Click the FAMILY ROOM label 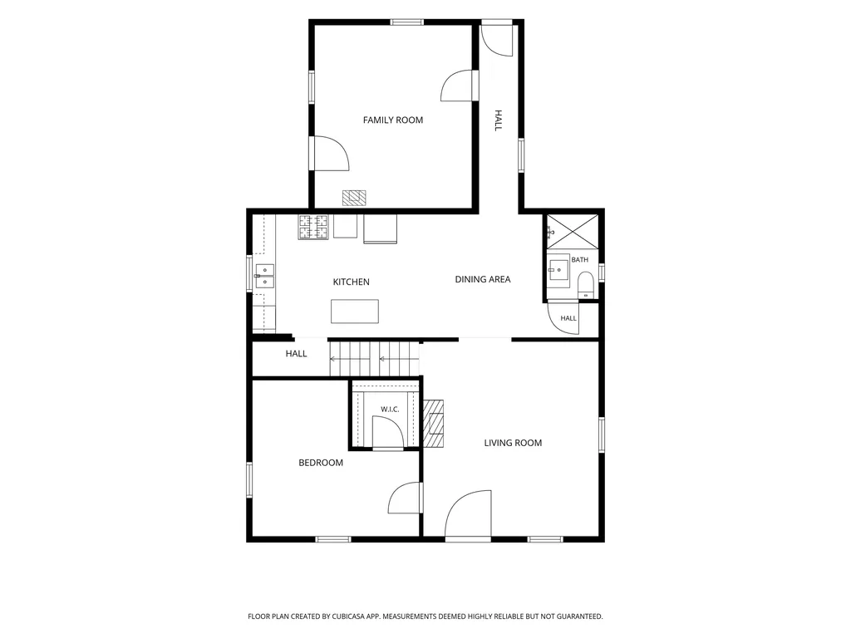pos(393,120)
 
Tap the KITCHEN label pos(352,282)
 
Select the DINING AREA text pos(483,279)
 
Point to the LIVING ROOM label pos(513,443)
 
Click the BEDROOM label pos(321,463)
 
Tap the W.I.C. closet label pos(390,409)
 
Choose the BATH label pos(579,260)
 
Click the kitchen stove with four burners pos(313,227)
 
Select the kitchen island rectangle pos(355,312)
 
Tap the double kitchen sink pos(265,276)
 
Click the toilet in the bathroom pos(585,286)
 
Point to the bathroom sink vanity pos(558,270)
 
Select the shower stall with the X pos(573,232)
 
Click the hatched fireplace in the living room pos(434,424)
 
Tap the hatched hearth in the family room pos(354,198)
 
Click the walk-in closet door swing pos(388,432)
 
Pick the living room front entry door pos(468,513)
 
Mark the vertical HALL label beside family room pos(499,120)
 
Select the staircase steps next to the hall pos(375,359)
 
